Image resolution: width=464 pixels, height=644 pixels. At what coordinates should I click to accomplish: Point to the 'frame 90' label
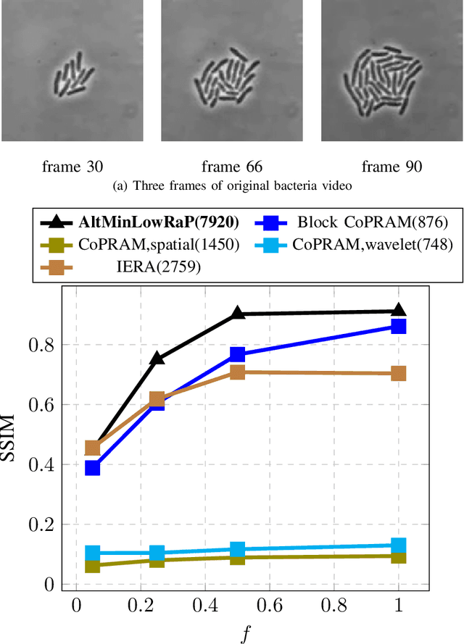click(x=392, y=167)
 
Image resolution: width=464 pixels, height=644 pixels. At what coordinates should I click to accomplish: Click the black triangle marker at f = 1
click(x=398, y=311)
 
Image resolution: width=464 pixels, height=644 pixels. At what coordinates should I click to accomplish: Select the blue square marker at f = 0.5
click(x=237, y=354)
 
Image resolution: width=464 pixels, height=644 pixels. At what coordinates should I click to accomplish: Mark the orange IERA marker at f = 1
click(x=398, y=373)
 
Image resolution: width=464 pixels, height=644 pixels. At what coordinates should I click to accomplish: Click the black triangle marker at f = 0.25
click(x=157, y=358)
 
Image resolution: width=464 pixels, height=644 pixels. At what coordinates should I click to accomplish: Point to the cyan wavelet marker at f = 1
click(x=398, y=545)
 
